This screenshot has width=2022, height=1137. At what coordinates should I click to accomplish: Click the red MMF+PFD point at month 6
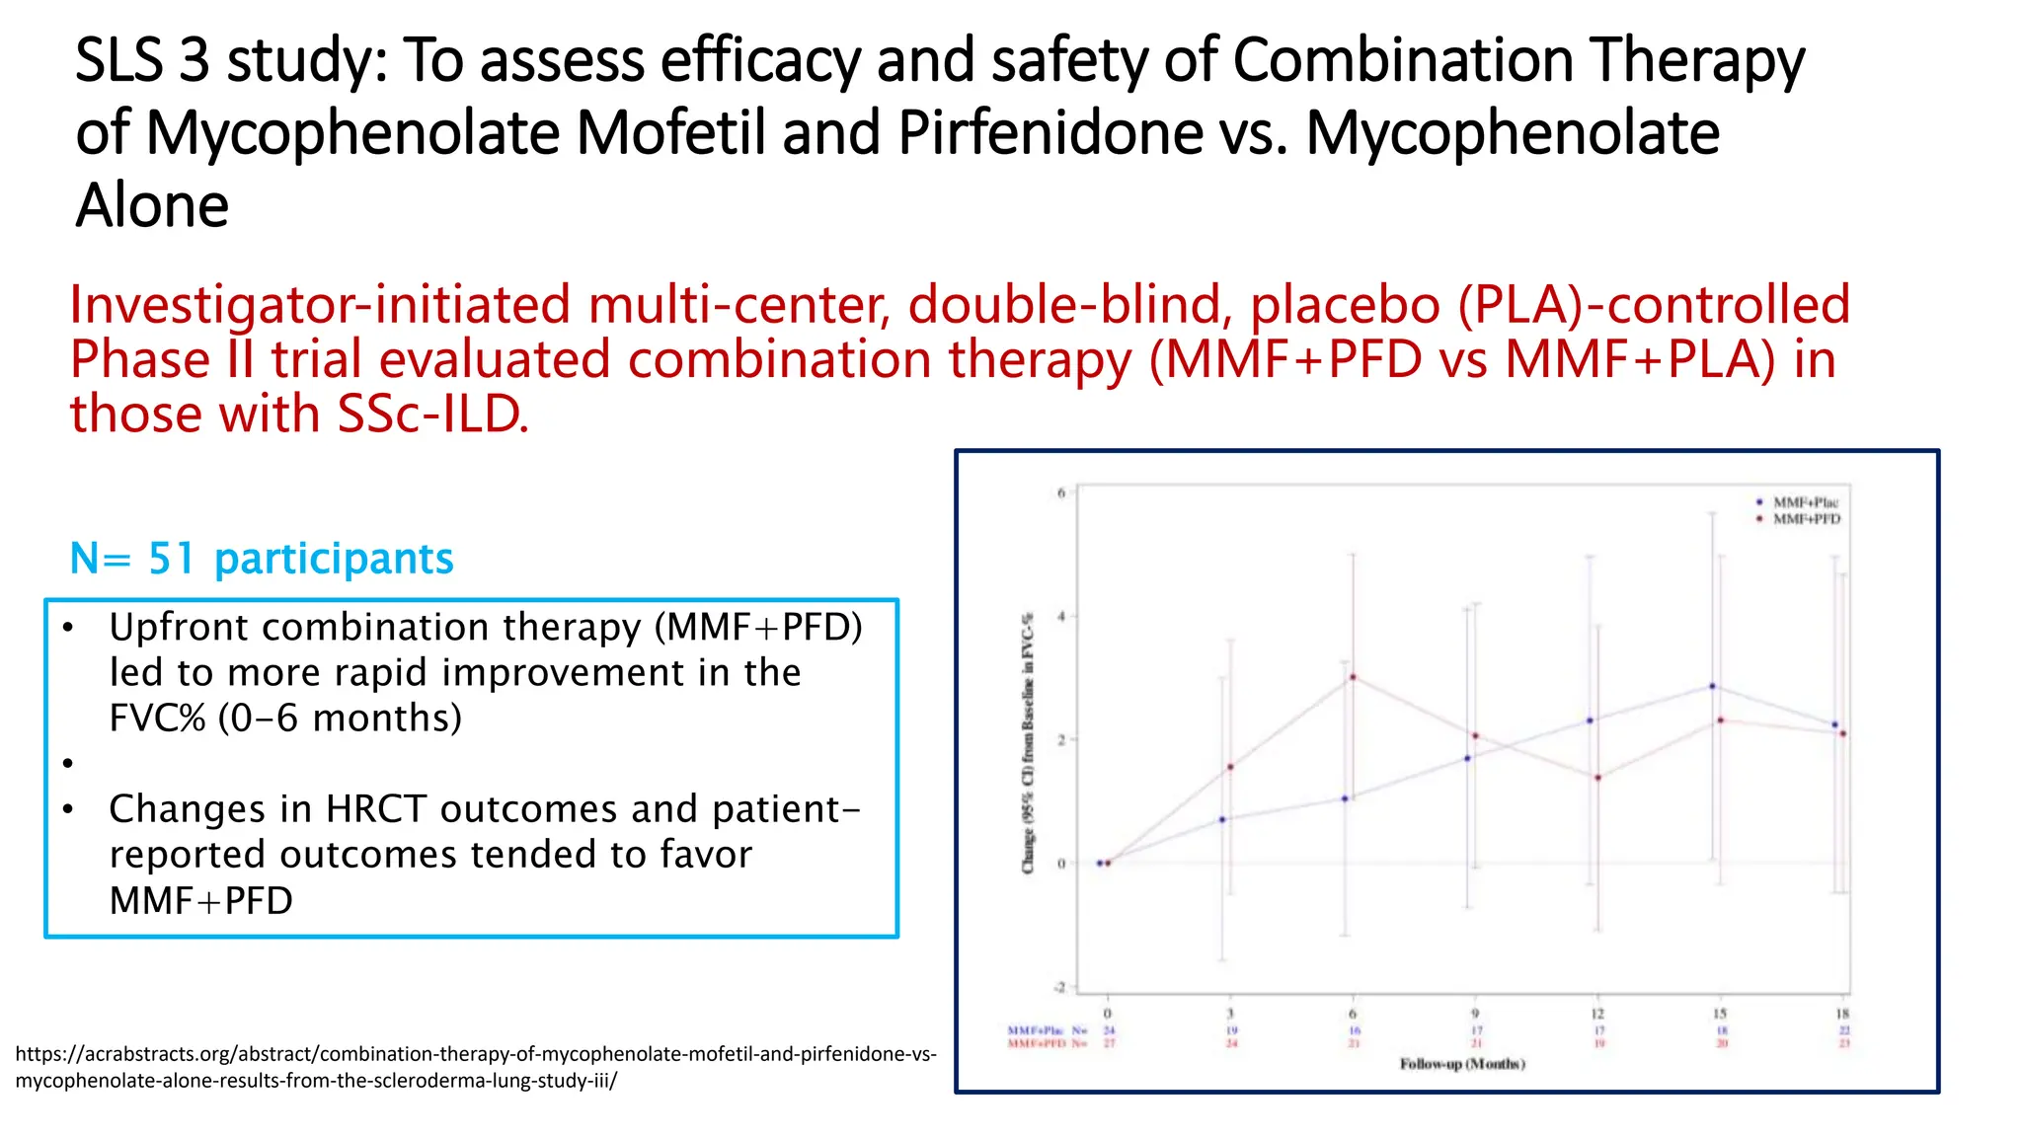pyautogui.click(x=1353, y=677)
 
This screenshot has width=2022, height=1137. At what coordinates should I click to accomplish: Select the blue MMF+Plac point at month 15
pyautogui.click(x=1712, y=686)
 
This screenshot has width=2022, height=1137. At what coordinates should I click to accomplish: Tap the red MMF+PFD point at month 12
pyautogui.click(x=1597, y=778)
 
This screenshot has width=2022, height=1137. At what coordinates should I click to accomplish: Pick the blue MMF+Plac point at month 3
pyautogui.click(x=1222, y=819)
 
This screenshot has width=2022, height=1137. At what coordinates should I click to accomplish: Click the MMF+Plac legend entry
pyautogui.click(x=1804, y=502)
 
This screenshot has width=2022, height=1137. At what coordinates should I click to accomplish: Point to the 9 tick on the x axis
pyautogui.click(x=1475, y=1014)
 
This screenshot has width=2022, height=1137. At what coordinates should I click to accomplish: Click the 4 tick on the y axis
pyautogui.click(x=1061, y=617)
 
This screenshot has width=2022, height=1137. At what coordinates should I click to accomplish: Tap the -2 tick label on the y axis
pyautogui.click(x=1059, y=987)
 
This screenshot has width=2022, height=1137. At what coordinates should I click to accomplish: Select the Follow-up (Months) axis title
pyautogui.click(x=1462, y=1064)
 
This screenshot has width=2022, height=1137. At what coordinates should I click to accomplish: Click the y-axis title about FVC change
pyautogui.click(x=1028, y=742)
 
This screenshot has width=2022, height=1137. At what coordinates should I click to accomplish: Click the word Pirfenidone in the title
pyautogui.click(x=1050, y=133)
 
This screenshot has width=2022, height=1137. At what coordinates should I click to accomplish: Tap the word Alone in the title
pyautogui.click(x=152, y=206)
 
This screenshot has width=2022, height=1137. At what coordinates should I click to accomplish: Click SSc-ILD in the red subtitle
pyautogui.click(x=432, y=415)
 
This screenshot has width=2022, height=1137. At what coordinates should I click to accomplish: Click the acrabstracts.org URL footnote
pyautogui.click(x=475, y=1067)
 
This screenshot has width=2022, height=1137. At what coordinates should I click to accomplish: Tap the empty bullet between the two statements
pyautogui.click(x=67, y=763)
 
